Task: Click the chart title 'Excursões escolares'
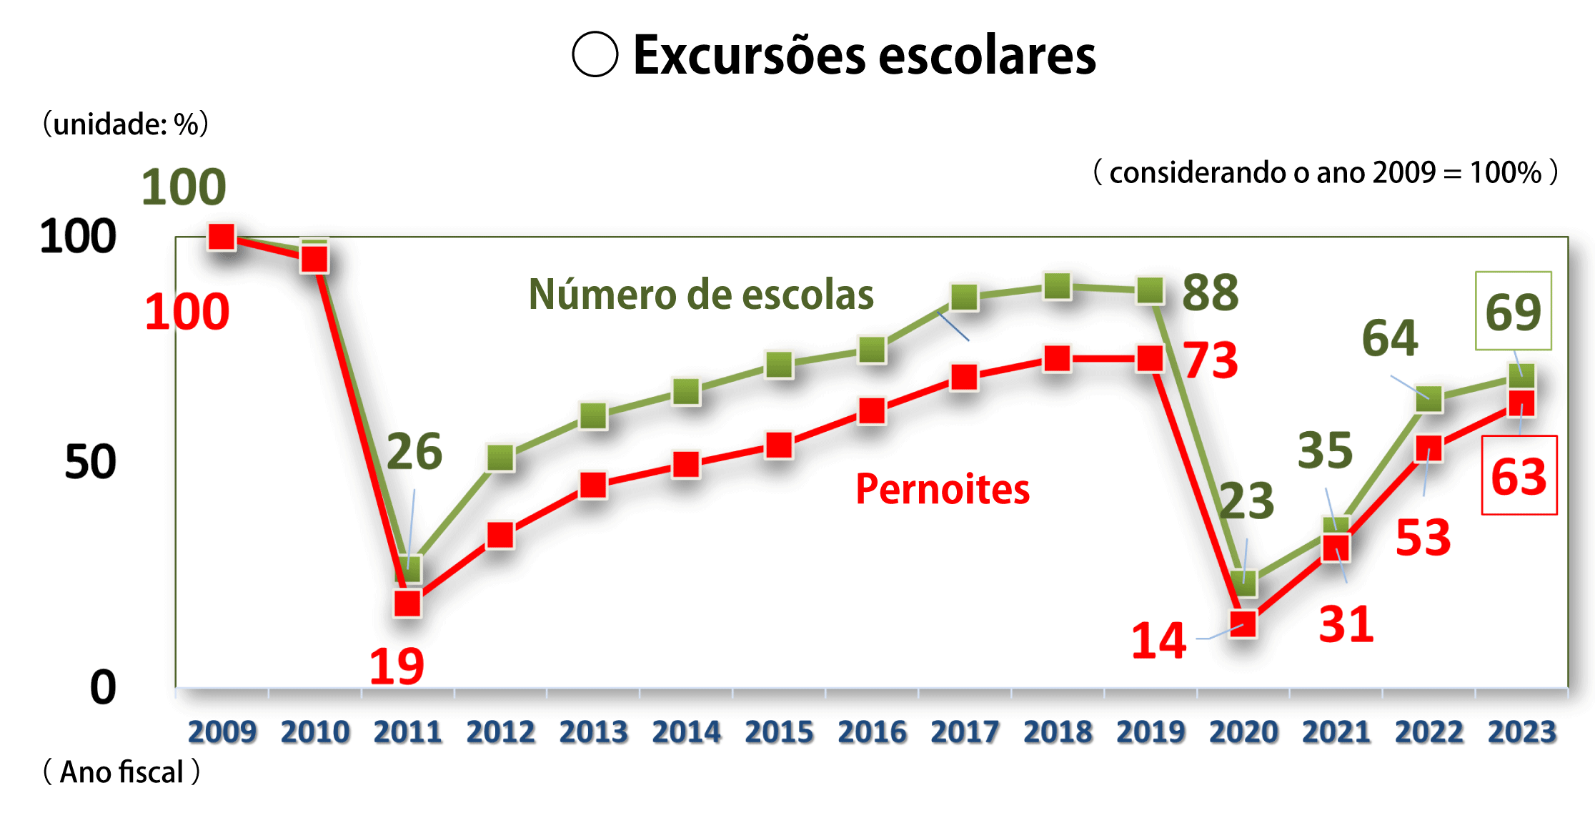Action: tap(864, 55)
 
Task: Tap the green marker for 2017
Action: tap(965, 297)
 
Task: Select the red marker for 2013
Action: tap(593, 486)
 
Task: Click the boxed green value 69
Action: tap(1513, 312)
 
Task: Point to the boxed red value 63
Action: tap(1519, 476)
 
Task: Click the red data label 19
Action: tap(397, 666)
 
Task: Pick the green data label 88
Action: tap(1210, 292)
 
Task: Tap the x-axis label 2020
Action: tap(1243, 731)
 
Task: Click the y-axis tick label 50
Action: tap(90, 462)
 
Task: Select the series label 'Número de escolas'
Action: tap(701, 295)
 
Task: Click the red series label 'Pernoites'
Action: tap(943, 490)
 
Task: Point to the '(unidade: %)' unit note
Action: tap(126, 124)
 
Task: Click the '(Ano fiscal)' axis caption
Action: tap(121, 772)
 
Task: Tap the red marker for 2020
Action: tap(1243, 624)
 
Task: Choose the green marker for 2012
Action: tap(500, 458)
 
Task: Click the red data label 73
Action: tap(1211, 360)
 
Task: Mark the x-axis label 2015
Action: tap(779, 731)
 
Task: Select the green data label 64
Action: tap(1390, 337)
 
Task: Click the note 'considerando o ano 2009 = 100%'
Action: tap(1325, 172)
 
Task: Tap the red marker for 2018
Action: tap(1058, 358)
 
